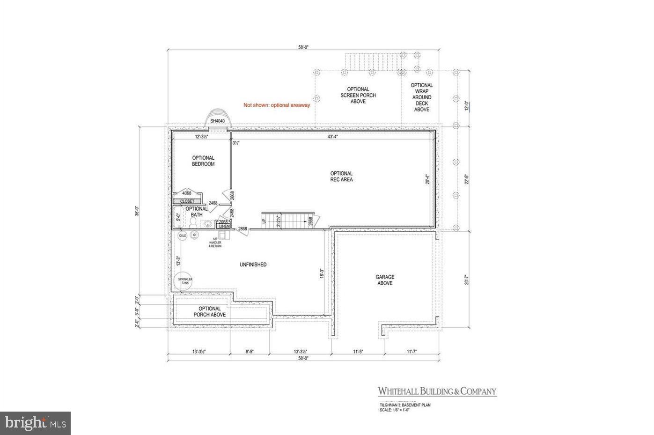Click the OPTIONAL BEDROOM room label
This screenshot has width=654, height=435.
click(203, 161)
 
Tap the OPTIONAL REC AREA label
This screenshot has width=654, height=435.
click(341, 177)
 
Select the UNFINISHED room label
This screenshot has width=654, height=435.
click(253, 265)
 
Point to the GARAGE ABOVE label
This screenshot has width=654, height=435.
click(385, 280)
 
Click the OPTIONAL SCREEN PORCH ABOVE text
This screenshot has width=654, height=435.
click(358, 95)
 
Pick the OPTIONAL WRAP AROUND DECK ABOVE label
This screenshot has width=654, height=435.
click(422, 97)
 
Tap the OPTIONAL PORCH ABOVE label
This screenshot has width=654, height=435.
click(210, 311)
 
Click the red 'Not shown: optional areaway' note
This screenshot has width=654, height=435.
click(277, 105)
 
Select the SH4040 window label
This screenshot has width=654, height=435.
click(218, 121)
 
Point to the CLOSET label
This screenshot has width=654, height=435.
click(187, 201)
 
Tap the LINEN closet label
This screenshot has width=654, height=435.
click(224, 227)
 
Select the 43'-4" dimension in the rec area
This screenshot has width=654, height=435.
click(333, 137)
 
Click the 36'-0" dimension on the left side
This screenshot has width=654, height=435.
click(137, 212)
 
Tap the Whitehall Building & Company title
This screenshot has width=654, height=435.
click(437, 391)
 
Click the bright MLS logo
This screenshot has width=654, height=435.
click(35, 424)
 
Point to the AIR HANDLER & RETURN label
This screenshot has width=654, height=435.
click(216, 243)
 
